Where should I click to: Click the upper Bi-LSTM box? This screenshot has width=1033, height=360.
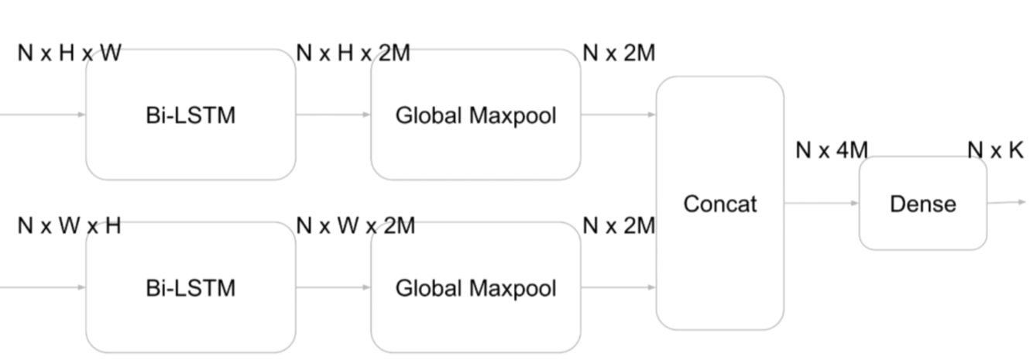click(190, 115)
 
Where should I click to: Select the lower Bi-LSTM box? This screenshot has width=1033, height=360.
click(190, 288)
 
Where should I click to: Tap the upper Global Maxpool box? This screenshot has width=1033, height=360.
click(475, 115)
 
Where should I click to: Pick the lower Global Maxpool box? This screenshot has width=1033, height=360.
click(475, 288)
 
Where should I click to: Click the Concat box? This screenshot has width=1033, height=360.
click(719, 204)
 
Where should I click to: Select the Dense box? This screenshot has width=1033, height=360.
click(922, 204)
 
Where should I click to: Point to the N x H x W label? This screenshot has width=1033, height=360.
click(69, 53)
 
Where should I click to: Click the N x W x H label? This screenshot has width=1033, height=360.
click(69, 226)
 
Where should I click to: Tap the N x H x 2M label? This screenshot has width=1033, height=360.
click(353, 53)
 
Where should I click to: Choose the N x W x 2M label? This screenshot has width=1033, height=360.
click(355, 226)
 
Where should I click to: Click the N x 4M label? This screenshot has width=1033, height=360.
click(832, 150)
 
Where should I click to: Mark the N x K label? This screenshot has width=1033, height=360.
click(995, 150)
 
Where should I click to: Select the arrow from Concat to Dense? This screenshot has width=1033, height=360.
click(822, 204)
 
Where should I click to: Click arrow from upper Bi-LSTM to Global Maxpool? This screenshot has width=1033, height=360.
click(333, 115)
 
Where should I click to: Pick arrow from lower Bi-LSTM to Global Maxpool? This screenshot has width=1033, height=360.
click(333, 288)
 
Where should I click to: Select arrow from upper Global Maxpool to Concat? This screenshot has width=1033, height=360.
click(618, 115)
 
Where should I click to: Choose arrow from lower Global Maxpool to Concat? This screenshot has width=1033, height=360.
click(618, 288)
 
